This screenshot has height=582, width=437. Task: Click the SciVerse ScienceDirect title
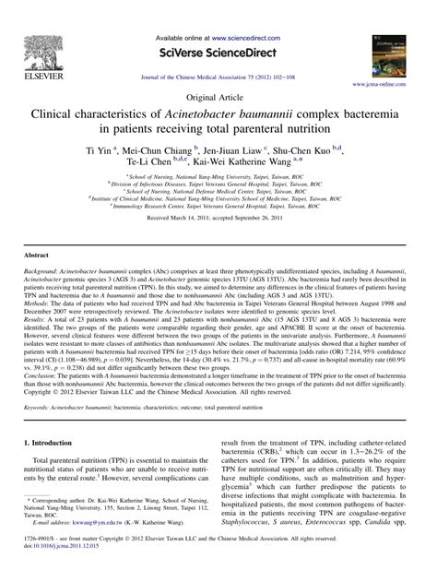[x=218, y=54]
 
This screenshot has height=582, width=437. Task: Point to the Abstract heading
[x=36, y=252]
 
